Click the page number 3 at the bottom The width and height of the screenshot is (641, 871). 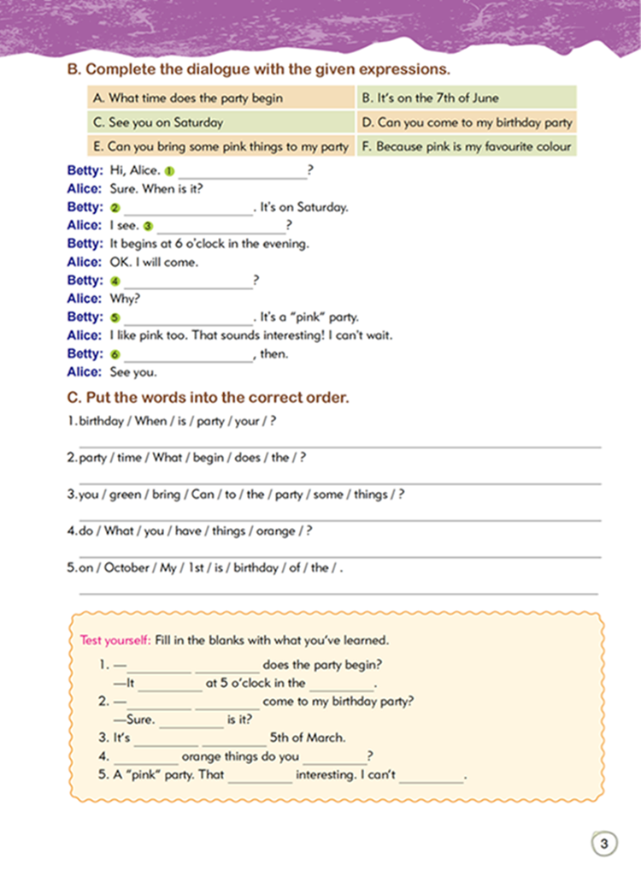(603, 844)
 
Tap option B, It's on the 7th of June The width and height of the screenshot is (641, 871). (430, 98)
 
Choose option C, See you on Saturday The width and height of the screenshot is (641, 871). (158, 121)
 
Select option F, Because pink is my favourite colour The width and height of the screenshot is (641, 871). (466, 146)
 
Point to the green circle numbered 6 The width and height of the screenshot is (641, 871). (115, 354)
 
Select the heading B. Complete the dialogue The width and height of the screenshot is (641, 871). (258, 69)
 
